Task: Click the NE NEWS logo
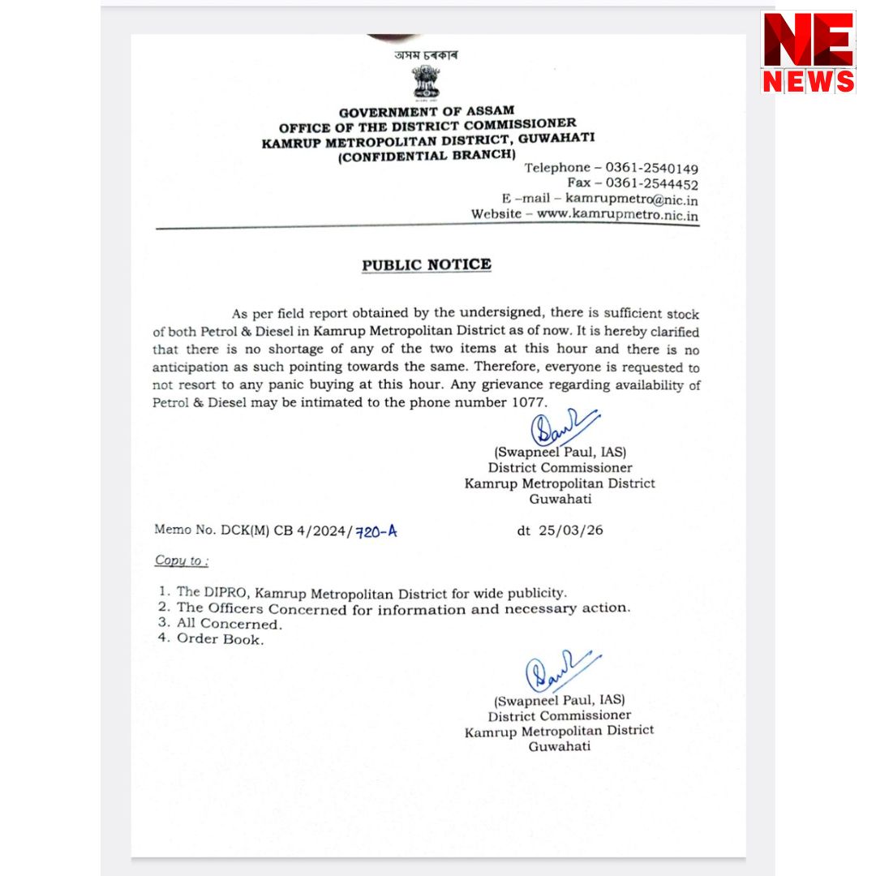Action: coord(808,52)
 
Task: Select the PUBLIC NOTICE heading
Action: coord(426,264)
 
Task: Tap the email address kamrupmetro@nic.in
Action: coord(632,200)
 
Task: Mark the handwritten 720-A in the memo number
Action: coord(377,531)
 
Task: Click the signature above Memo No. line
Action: coord(561,427)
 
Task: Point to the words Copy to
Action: coord(180,560)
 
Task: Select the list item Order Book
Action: coord(220,639)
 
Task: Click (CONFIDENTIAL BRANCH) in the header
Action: coord(426,154)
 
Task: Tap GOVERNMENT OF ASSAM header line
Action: coord(426,112)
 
